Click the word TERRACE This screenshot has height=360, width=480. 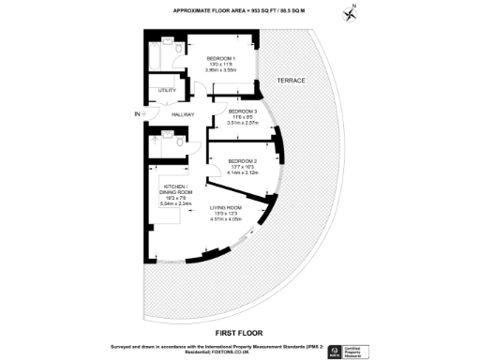(292, 82)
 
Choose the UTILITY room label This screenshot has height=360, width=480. (167, 90)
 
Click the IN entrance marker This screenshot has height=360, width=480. (137, 114)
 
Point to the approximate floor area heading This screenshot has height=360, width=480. (239, 11)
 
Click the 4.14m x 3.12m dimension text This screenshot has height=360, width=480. (242, 173)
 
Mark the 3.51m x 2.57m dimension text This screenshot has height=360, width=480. (243, 122)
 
